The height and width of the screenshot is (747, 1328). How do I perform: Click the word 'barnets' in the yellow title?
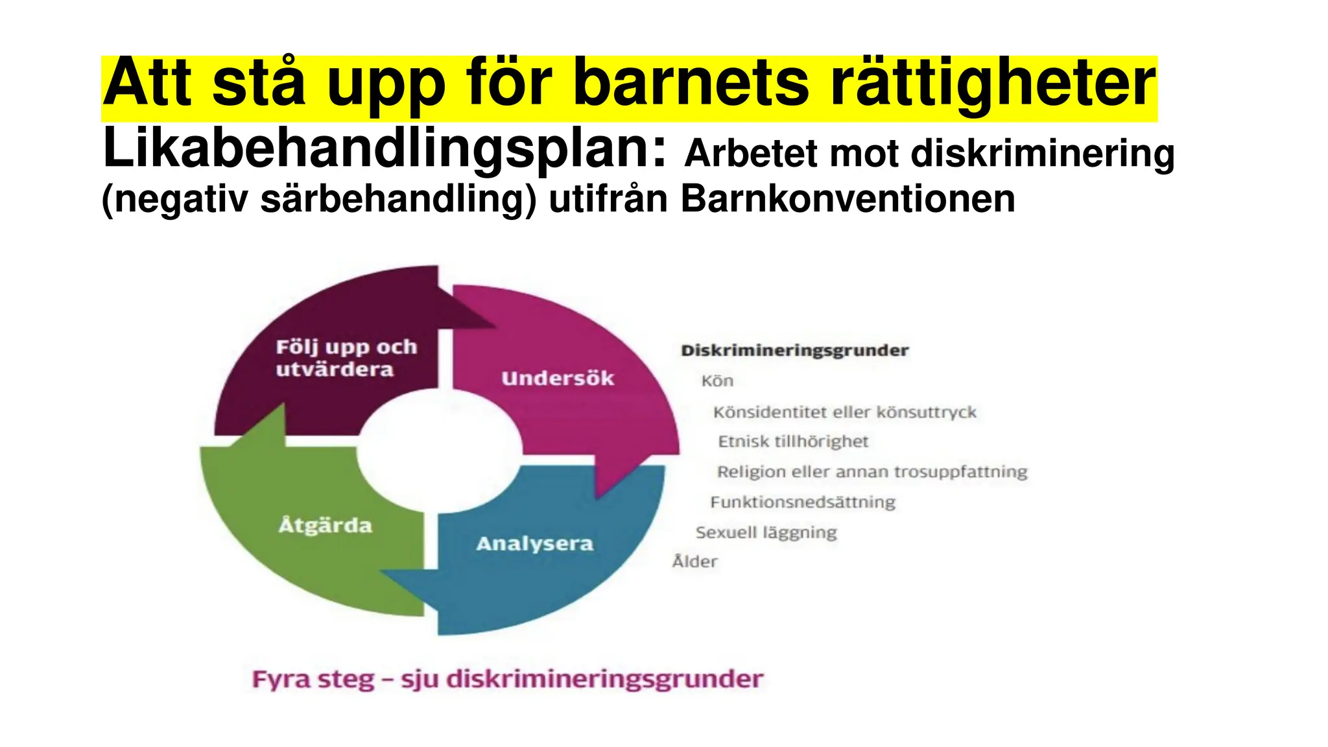pos(691,84)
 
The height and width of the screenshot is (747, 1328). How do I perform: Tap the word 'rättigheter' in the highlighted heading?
pos(993,84)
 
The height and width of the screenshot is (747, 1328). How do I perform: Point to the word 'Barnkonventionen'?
pos(848,198)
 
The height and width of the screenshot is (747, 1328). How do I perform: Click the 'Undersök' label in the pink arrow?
pos(558,379)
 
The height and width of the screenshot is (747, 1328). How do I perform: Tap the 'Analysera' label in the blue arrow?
pos(534,543)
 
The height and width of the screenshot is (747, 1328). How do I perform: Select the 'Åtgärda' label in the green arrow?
pos(326,525)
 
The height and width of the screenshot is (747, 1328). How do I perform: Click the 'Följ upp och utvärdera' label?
pos(346,358)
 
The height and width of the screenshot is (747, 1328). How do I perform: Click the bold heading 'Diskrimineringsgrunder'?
pos(794,351)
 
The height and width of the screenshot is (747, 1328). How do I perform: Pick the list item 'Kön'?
pos(717,381)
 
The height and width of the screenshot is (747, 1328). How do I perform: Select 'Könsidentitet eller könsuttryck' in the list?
pos(844,412)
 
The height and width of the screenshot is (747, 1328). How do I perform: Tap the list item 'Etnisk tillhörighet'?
pos(792,442)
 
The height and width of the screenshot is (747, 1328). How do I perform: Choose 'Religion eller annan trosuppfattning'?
pos(871,472)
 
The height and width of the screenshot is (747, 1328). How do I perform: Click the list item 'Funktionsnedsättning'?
pos(803,503)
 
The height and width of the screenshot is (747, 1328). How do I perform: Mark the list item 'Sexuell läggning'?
pos(766,533)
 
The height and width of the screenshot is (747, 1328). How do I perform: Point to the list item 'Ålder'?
pos(694,562)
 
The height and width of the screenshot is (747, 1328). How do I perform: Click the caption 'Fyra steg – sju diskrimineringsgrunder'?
pos(507,680)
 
